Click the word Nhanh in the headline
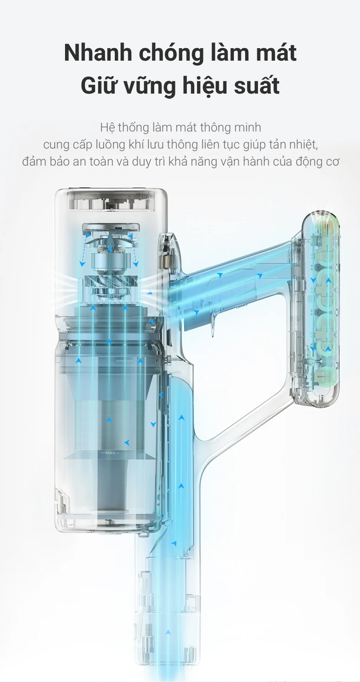98,53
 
